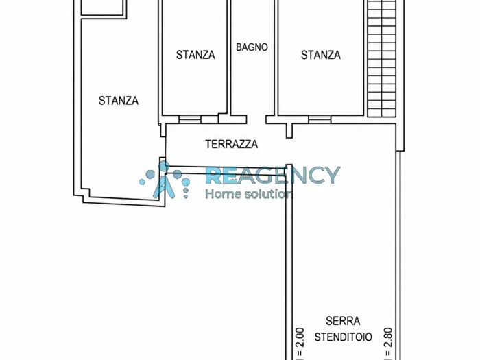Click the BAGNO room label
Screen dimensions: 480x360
[x=252, y=47]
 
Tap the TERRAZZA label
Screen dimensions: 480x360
[x=231, y=144]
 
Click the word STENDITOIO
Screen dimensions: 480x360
[x=343, y=337]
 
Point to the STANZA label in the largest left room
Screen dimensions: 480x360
[x=119, y=100]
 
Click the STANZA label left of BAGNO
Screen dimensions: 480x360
[x=195, y=55]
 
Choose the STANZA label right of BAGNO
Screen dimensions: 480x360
[x=320, y=55]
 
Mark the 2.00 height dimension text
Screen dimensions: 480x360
[x=300, y=344]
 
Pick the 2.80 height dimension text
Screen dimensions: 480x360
[x=388, y=344]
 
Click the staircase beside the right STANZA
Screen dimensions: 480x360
[x=381, y=58]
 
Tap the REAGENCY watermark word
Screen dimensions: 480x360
[x=273, y=175]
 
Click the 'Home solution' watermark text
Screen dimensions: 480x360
[x=249, y=193]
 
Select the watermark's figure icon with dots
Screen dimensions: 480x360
[x=165, y=180]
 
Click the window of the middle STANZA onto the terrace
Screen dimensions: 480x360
[x=190, y=119]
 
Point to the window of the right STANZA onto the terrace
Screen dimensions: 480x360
[x=320, y=119]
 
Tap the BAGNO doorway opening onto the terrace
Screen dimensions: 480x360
[x=256, y=119]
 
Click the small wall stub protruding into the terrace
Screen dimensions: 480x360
[x=289, y=131]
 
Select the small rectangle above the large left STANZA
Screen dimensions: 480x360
[x=104, y=8]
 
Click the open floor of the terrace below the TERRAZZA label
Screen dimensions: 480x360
[x=226, y=158]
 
